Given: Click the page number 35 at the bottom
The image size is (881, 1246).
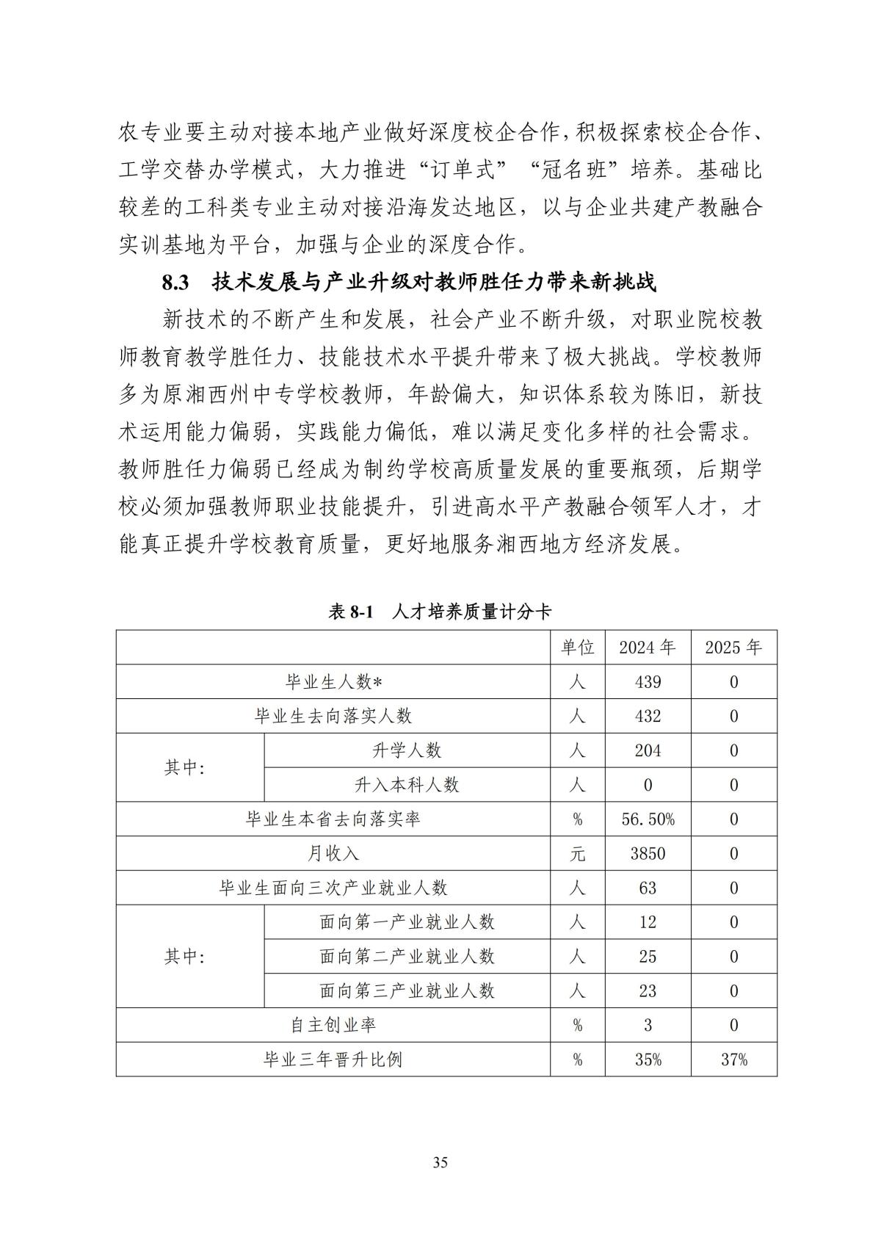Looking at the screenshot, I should (x=440, y=1162).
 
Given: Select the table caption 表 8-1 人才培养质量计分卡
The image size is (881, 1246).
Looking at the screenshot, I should (x=440, y=612).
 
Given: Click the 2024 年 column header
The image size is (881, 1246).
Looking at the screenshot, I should (x=647, y=648).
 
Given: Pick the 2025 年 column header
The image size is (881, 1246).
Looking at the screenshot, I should (x=733, y=648).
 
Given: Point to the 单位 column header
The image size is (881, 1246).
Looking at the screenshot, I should (x=577, y=648).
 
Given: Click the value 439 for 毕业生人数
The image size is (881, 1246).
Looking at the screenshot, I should (x=647, y=682).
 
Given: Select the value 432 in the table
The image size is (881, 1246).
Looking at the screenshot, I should (x=647, y=717).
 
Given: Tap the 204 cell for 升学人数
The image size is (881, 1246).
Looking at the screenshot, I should (x=647, y=750).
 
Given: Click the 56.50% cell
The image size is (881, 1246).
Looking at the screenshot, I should (x=648, y=819).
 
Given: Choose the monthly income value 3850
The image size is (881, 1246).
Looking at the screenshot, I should (x=647, y=854).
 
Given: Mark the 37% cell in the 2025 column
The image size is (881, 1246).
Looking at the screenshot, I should (x=733, y=1060).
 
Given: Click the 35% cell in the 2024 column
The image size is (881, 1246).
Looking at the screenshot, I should (x=647, y=1060).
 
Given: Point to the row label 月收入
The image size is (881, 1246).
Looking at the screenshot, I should (x=333, y=854).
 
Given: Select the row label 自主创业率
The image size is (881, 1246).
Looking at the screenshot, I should (x=333, y=1025).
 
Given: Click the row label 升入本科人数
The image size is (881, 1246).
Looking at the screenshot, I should (x=407, y=785).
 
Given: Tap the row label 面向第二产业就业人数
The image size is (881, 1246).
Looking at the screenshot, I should (x=407, y=957).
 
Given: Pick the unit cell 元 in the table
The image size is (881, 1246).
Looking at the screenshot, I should (x=577, y=854).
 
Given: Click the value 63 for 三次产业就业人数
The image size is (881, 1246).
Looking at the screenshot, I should (x=647, y=888).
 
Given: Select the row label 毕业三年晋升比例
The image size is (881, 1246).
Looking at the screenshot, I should (x=333, y=1060).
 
